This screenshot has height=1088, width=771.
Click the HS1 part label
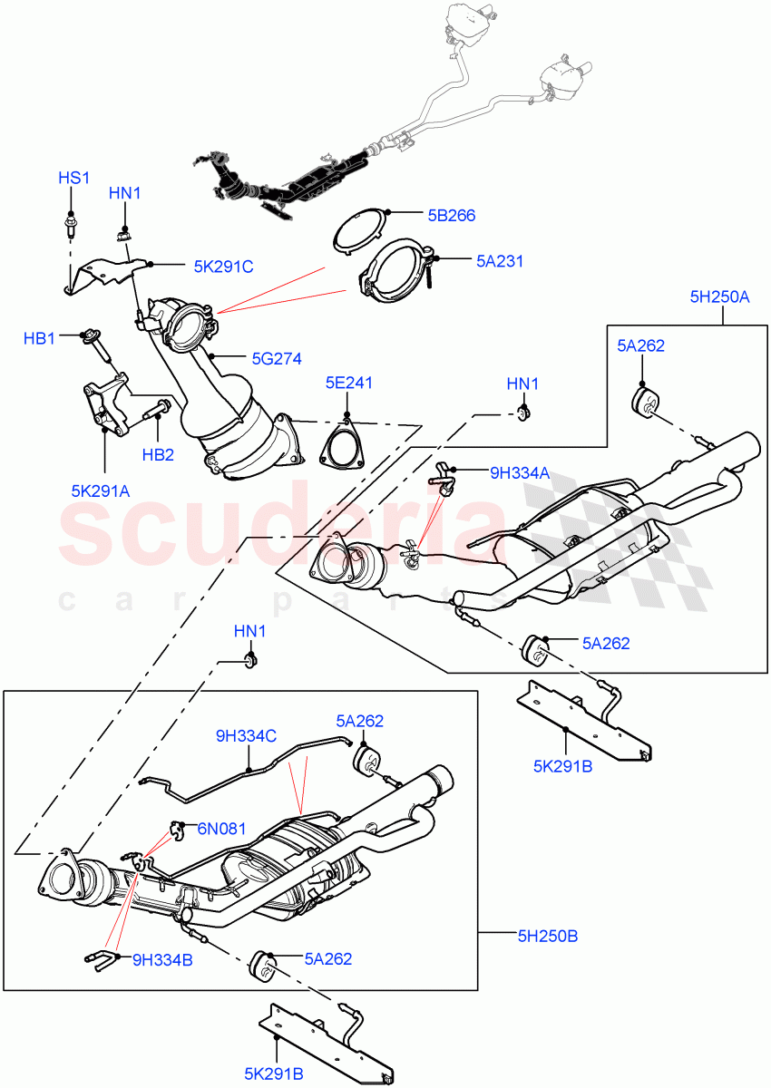[74, 178]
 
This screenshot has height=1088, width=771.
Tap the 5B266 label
[452, 216]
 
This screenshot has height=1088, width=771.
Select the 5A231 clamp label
[500, 261]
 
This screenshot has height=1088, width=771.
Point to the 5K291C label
[223, 267]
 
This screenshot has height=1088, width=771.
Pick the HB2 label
[157, 454]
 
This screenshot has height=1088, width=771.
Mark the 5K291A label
[101, 491]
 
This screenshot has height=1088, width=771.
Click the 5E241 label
[348, 384]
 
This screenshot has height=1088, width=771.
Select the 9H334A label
[521, 471]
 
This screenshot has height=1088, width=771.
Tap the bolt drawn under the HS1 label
[70, 222]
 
